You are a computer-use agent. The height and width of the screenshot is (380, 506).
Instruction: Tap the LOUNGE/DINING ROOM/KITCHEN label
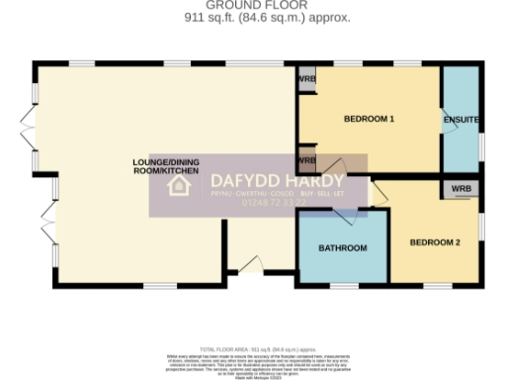(167, 166)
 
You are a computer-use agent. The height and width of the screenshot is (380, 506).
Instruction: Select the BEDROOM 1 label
(369, 120)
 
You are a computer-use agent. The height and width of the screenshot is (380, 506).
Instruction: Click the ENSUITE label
(462, 120)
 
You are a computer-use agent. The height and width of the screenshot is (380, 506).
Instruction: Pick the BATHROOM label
(343, 248)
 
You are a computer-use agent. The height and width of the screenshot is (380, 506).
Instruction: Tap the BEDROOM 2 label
(436, 242)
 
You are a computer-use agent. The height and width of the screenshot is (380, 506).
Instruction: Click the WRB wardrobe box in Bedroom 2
(462, 189)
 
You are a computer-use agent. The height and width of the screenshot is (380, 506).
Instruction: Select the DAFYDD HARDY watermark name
(278, 181)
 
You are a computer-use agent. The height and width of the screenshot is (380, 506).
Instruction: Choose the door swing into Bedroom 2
(379, 188)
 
